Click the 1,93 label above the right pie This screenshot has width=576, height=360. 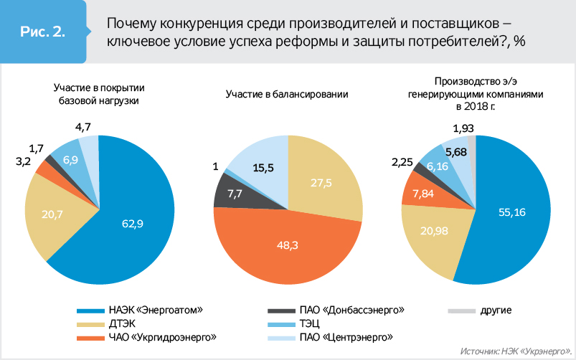(x=463, y=128)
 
